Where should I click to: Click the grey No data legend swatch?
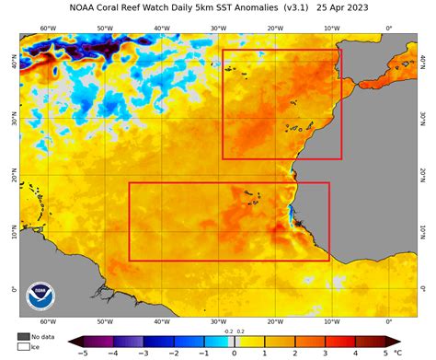tap(23, 337)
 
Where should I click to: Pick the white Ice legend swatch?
tap(23, 347)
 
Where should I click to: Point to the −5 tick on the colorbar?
tap(83, 353)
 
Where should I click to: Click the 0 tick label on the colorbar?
tap(234, 353)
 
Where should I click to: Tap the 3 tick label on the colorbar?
tap(325, 353)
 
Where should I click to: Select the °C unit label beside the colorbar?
tap(397, 353)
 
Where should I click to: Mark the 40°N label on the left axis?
tap(12, 64)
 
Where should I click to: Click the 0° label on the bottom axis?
tap(388, 322)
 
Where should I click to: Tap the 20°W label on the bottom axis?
tap(275, 322)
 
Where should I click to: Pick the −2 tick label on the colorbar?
tap(173, 353)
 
